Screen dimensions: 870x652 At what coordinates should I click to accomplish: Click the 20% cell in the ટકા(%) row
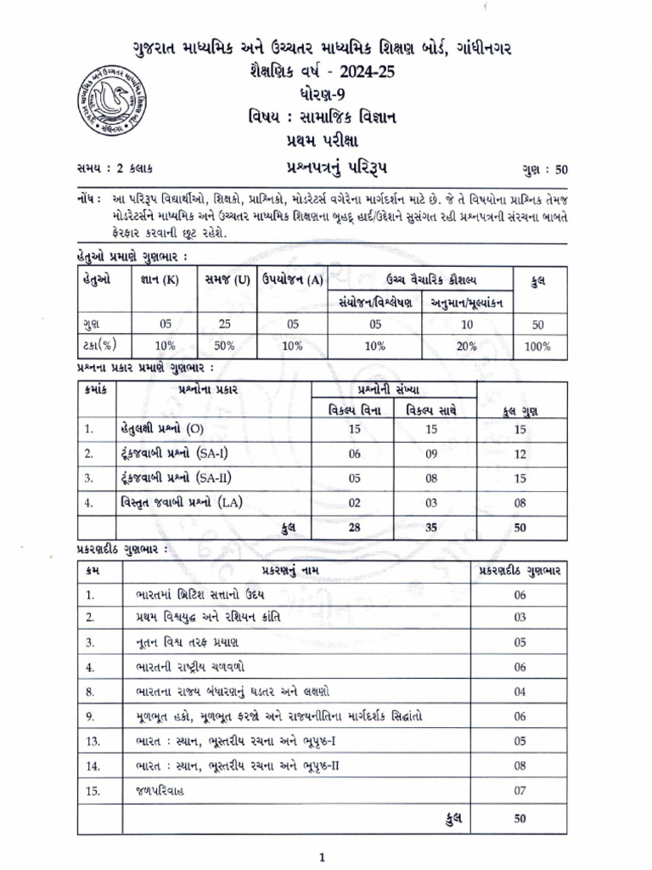pyautogui.click(x=468, y=346)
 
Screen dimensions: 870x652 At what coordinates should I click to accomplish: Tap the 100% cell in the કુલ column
pyautogui.click(x=537, y=346)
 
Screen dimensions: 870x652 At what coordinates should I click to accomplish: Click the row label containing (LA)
pyautogui.click(x=180, y=502)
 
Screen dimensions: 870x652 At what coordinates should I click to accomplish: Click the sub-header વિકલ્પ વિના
pyautogui.click(x=356, y=410)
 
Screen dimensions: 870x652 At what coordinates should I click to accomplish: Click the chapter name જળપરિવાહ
pyautogui.click(x=159, y=790)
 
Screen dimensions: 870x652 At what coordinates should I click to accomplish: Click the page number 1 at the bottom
pyautogui.click(x=322, y=858)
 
